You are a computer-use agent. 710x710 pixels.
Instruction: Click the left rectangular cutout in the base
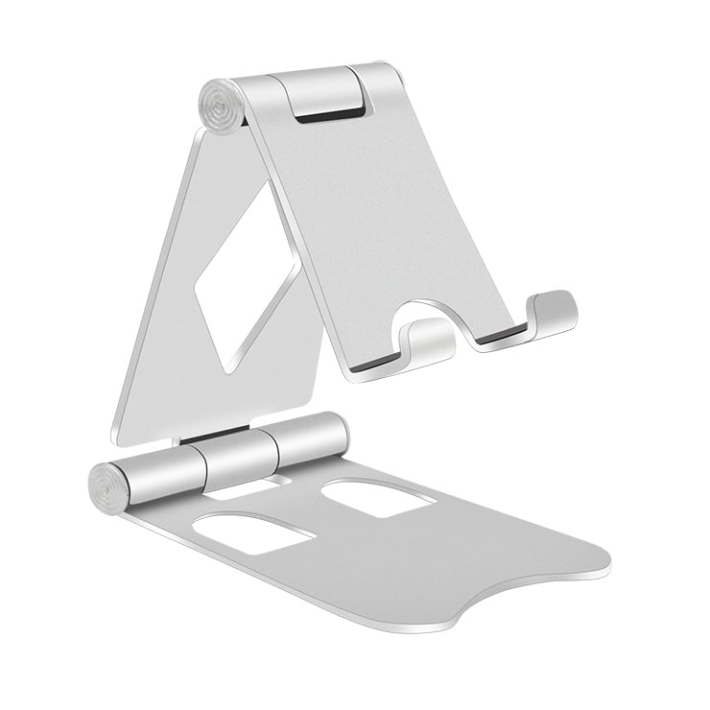click(x=255, y=531)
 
